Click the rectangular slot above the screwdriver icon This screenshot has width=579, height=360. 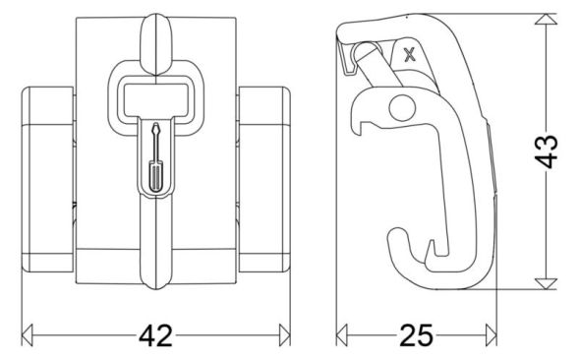(154, 96)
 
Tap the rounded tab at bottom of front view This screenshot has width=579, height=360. (155, 274)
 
